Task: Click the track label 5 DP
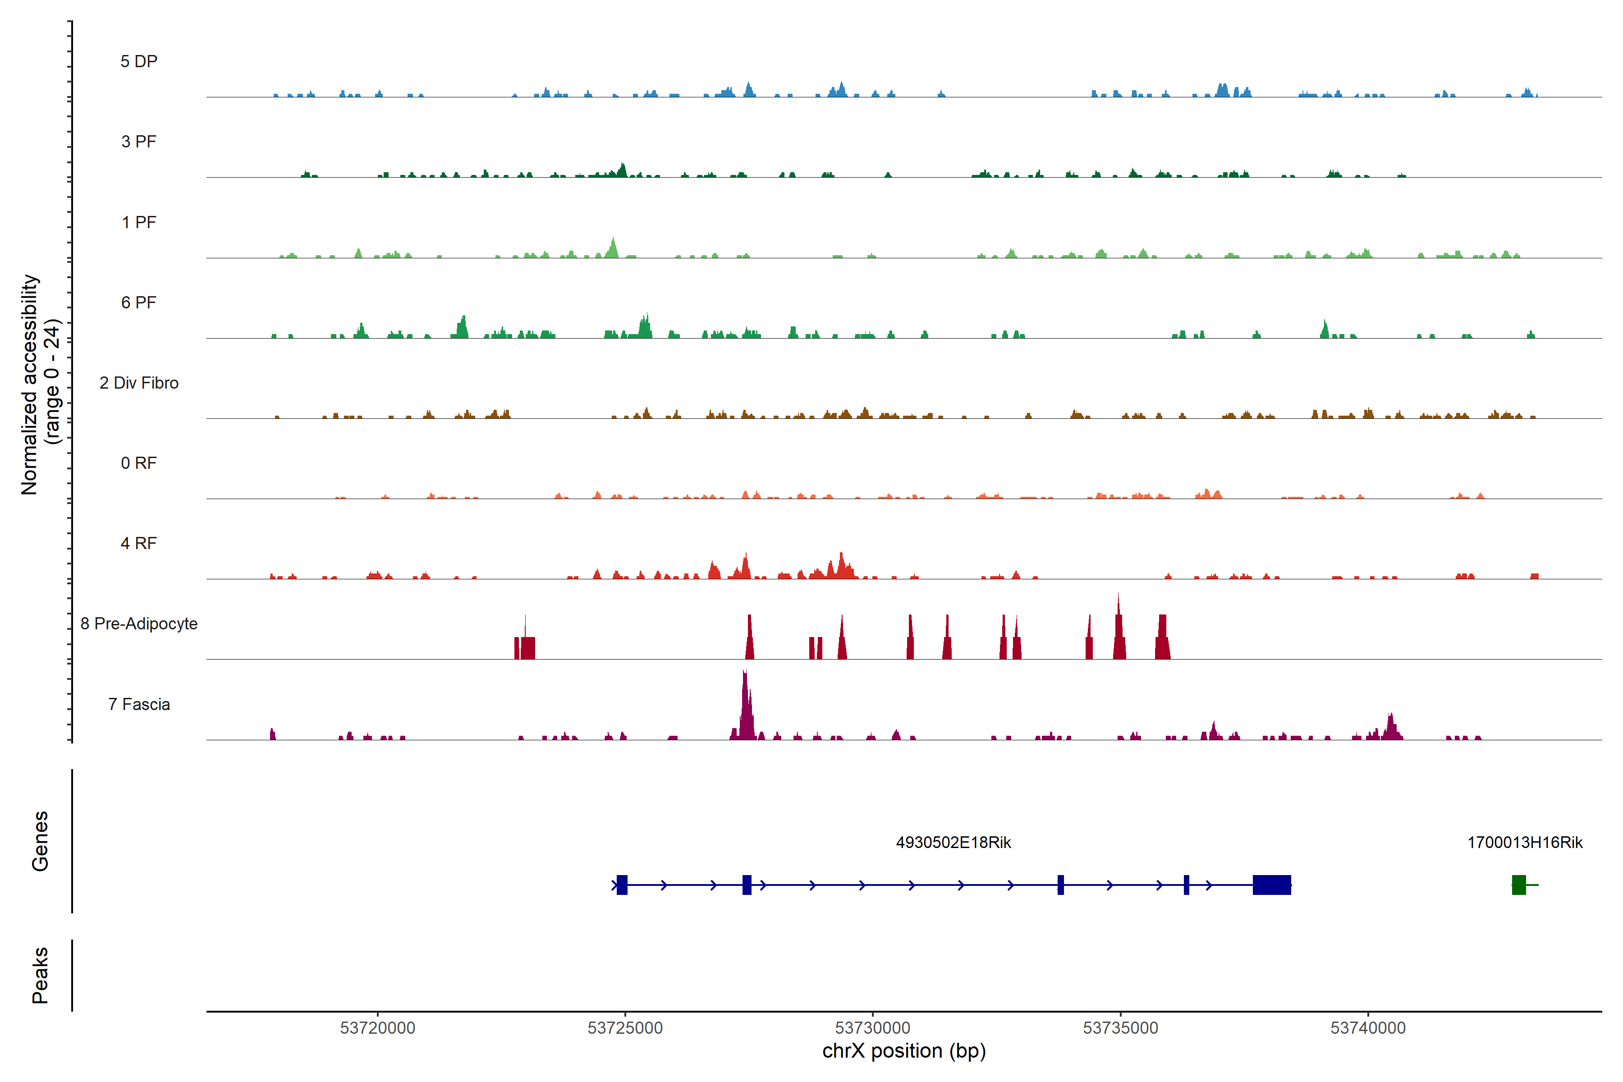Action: coord(139,61)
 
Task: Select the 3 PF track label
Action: coord(139,142)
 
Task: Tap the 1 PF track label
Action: coord(139,222)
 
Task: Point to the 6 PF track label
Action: coord(139,302)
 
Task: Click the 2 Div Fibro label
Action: coord(139,383)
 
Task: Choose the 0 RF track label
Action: coord(139,463)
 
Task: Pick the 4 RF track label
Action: coord(139,543)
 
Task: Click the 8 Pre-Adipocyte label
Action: coord(139,624)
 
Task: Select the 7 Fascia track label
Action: coord(139,704)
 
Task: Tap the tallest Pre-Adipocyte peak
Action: coord(1119,621)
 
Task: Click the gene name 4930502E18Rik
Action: coord(953,843)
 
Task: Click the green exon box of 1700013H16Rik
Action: coord(1518,885)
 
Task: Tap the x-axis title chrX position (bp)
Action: coord(904,1051)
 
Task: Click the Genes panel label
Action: coord(40,841)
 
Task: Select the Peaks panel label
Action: coord(40,975)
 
